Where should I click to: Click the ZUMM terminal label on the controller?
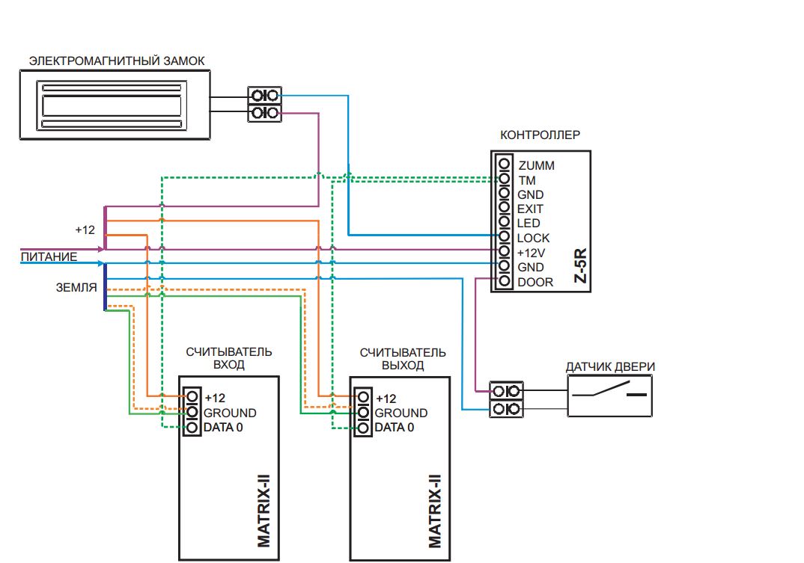(x=536, y=165)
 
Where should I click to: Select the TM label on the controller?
(x=527, y=180)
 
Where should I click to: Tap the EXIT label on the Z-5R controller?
(x=530, y=209)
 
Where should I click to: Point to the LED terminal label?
(x=529, y=224)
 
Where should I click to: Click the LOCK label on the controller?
(x=533, y=239)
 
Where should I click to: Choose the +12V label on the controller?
(x=532, y=253)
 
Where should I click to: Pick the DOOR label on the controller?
(x=535, y=283)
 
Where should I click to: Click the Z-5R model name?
(x=580, y=265)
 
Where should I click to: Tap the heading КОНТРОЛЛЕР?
(x=540, y=135)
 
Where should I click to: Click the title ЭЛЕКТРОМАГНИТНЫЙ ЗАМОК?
(x=117, y=61)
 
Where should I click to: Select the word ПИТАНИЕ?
(x=49, y=256)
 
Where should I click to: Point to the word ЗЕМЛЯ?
(x=76, y=287)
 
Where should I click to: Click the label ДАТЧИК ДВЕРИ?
(x=610, y=367)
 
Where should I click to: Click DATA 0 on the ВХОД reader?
(x=223, y=427)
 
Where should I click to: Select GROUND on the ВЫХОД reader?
(x=401, y=413)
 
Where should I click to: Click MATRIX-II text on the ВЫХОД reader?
(x=434, y=511)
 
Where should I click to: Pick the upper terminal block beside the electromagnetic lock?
(x=264, y=95)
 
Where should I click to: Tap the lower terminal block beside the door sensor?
(x=507, y=409)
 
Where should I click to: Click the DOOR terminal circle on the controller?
(x=505, y=280)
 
